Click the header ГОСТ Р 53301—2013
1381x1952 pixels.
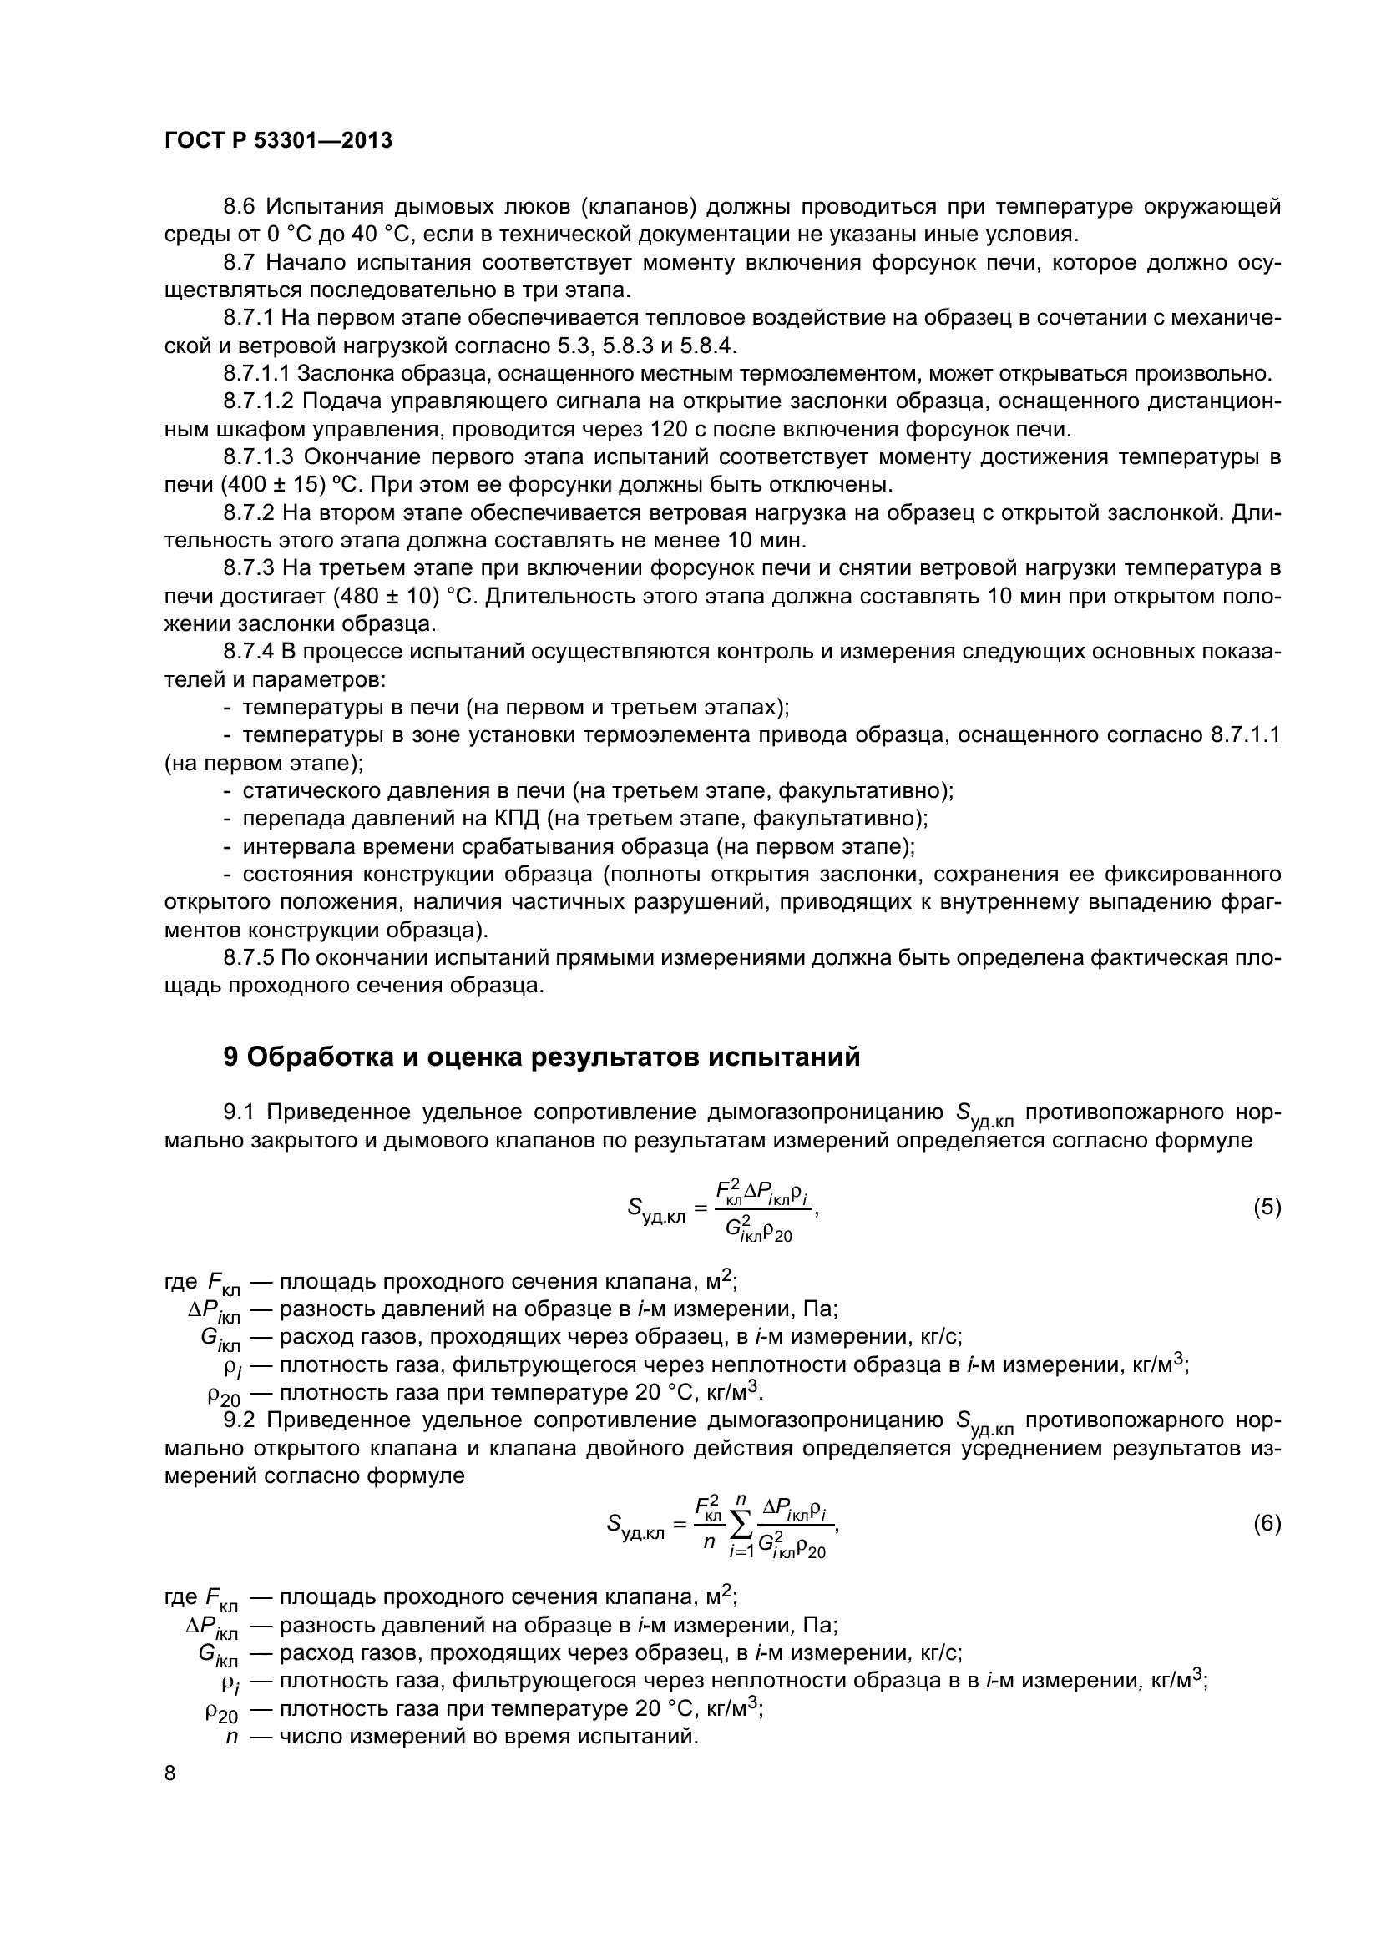[278, 141]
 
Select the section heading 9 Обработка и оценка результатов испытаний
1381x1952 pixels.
[541, 1057]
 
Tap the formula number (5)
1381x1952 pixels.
[1267, 1208]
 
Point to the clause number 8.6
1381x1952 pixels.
[240, 207]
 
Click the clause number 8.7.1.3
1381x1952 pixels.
[259, 457]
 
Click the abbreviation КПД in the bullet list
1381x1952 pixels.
[518, 819]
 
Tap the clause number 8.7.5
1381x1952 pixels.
[248, 958]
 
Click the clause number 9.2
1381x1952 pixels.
[240, 1420]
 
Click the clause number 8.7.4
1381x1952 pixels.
[248, 652]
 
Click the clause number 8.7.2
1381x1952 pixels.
[248, 512]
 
